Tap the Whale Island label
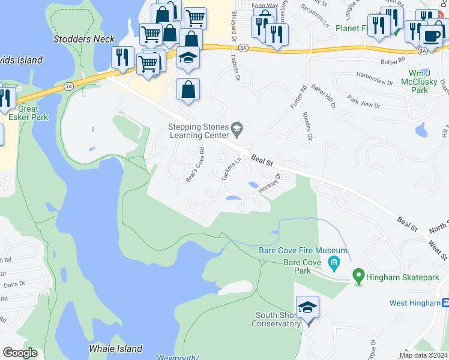coord(115,349)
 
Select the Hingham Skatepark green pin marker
coord(358,277)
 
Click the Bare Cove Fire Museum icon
coord(333,262)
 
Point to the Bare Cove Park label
coord(297,266)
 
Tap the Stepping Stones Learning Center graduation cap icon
coord(237,127)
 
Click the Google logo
coord(20,353)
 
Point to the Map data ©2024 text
coord(423,355)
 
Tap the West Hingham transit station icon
coord(445,303)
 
